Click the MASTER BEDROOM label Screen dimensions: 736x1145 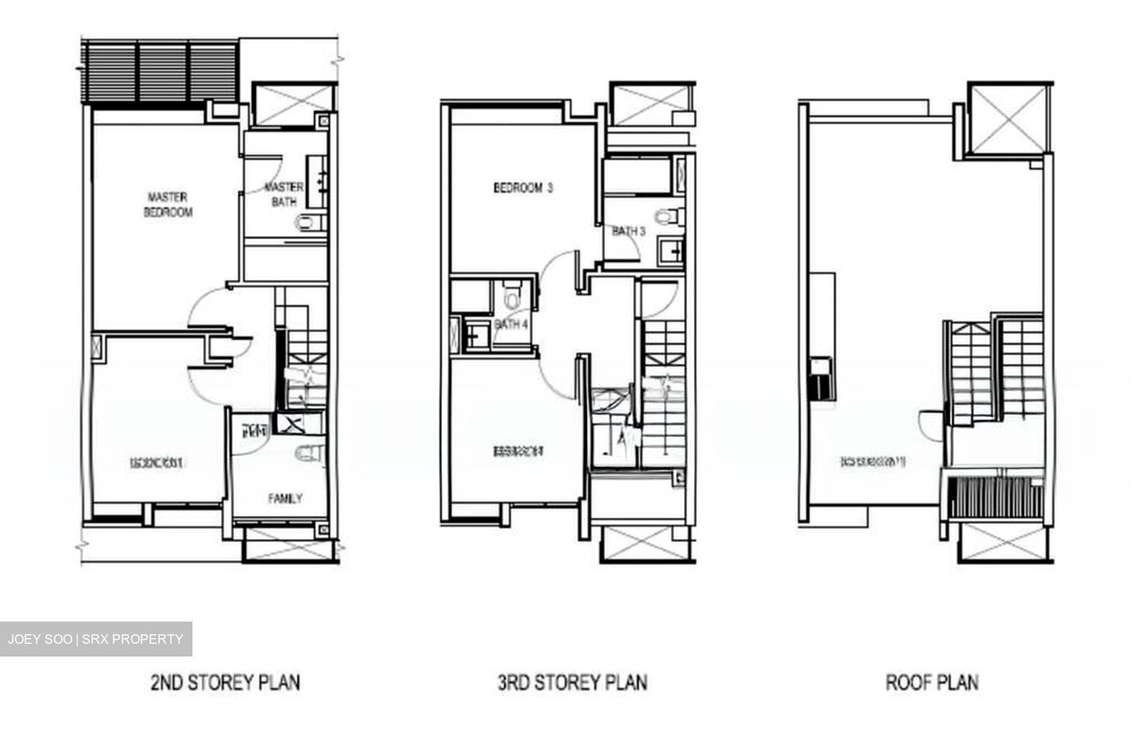(168, 204)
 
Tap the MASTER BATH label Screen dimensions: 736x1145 (284, 195)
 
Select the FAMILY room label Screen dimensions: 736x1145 (285, 498)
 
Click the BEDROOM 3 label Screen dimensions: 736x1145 (522, 188)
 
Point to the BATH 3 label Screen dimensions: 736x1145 (628, 231)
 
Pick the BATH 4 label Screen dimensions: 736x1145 (510, 324)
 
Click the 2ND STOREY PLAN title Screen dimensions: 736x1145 (225, 682)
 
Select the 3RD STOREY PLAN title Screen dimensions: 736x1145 (572, 682)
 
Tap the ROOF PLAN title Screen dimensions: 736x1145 (932, 682)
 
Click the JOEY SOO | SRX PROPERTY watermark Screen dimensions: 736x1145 (95, 639)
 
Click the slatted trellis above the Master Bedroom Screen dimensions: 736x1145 (160, 73)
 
